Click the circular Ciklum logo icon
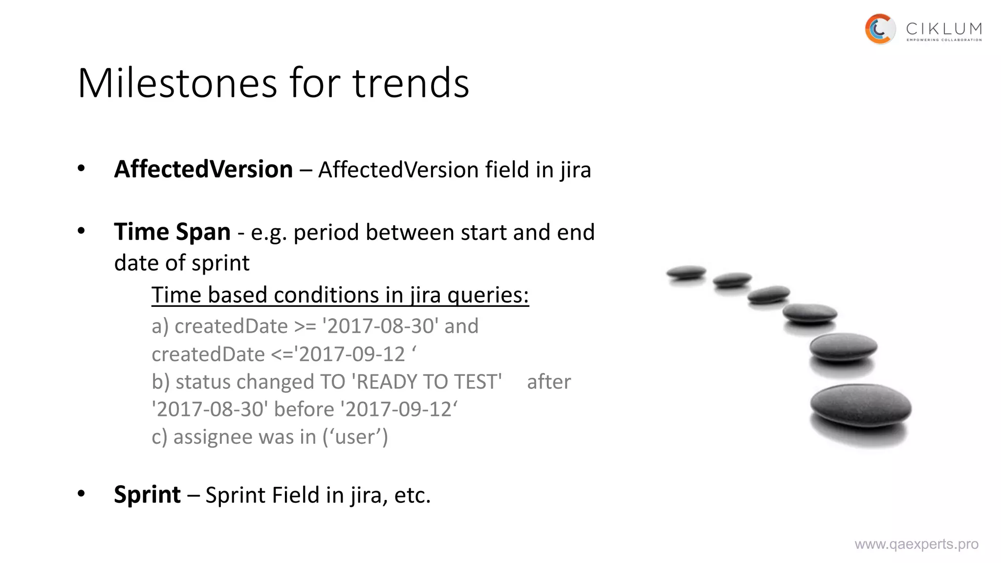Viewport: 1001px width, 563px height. click(x=880, y=29)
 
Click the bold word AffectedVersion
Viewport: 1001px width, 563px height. click(x=203, y=169)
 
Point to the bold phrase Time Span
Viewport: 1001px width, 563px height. click(x=172, y=232)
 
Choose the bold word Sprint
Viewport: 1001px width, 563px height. click(x=147, y=494)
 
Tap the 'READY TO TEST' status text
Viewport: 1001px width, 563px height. click(x=429, y=382)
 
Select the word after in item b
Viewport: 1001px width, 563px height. click(x=548, y=382)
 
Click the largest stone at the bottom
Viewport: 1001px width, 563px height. click(x=860, y=407)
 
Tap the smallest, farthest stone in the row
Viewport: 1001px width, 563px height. click(x=686, y=272)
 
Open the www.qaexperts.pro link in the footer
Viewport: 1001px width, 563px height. click(x=916, y=544)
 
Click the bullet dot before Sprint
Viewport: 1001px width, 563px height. click(x=81, y=494)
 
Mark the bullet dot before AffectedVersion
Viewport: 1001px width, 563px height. click(x=81, y=169)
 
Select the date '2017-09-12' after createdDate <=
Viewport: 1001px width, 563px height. click(x=351, y=354)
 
